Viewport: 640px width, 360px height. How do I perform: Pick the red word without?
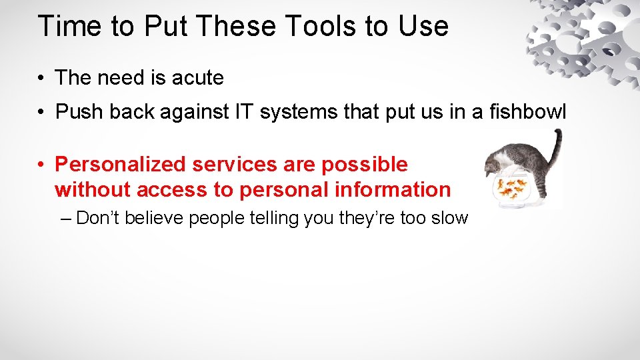[93, 189]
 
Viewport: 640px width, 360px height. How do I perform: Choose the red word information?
[393, 189]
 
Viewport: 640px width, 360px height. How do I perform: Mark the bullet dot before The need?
[41, 79]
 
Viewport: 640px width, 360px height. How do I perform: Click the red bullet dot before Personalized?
[41, 165]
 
